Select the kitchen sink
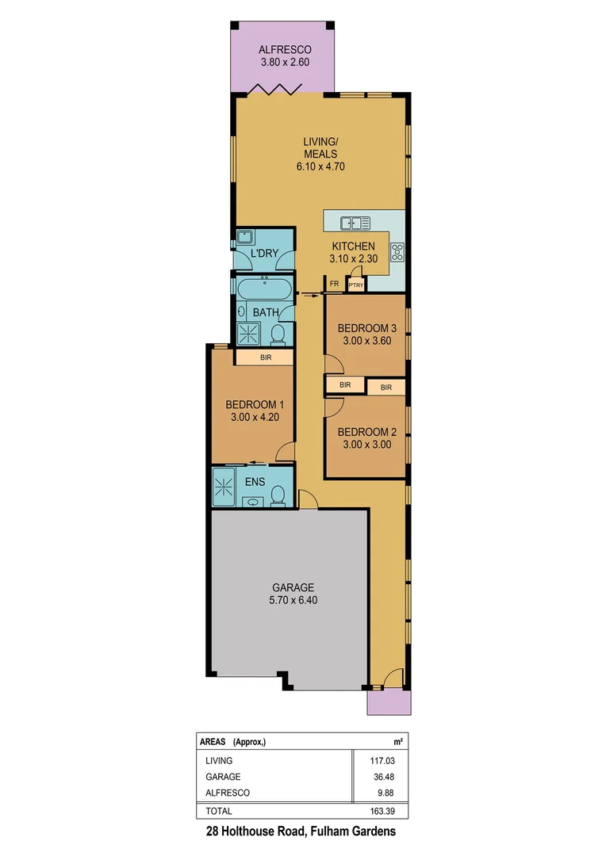350,223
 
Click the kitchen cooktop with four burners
397,251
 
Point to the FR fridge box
335,283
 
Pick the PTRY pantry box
355,285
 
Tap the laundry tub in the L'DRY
244,237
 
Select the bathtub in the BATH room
264,286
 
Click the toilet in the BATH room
278,334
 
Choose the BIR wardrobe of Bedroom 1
264,358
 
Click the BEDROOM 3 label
366,328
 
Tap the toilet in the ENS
278,495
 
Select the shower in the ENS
224,485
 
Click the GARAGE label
293,587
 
